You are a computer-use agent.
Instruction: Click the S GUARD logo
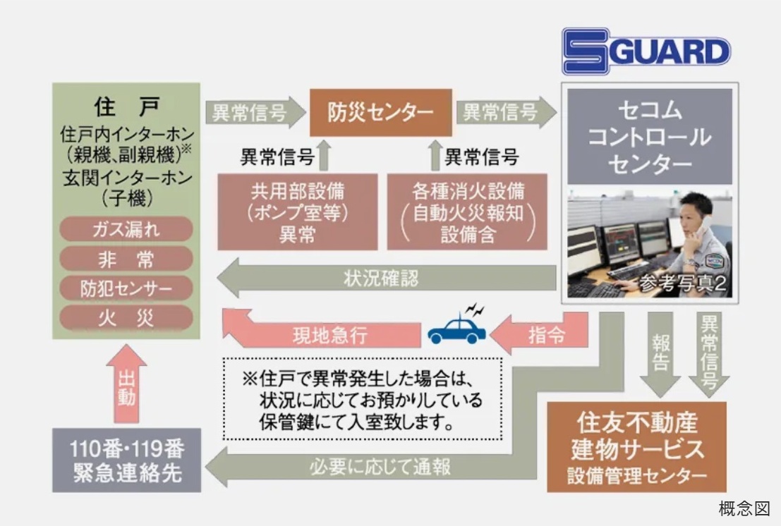tap(646, 51)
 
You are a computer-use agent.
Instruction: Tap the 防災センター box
tap(380, 113)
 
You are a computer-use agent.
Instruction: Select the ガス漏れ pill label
tap(126, 229)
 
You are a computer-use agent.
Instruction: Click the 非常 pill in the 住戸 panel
tap(126, 259)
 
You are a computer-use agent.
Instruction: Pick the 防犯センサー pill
tap(126, 288)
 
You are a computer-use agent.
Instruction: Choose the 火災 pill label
tap(126, 317)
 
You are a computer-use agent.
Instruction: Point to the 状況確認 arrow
tap(387, 278)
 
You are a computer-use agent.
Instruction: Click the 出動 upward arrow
tap(126, 384)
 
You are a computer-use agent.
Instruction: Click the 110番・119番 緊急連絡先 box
tap(126, 460)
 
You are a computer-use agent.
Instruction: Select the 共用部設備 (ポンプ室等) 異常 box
tap(297, 212)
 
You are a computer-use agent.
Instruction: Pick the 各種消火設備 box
tap(467, 212)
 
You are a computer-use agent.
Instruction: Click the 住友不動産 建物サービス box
tap(636, 447)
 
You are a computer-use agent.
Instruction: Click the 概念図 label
tap(744, 508)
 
